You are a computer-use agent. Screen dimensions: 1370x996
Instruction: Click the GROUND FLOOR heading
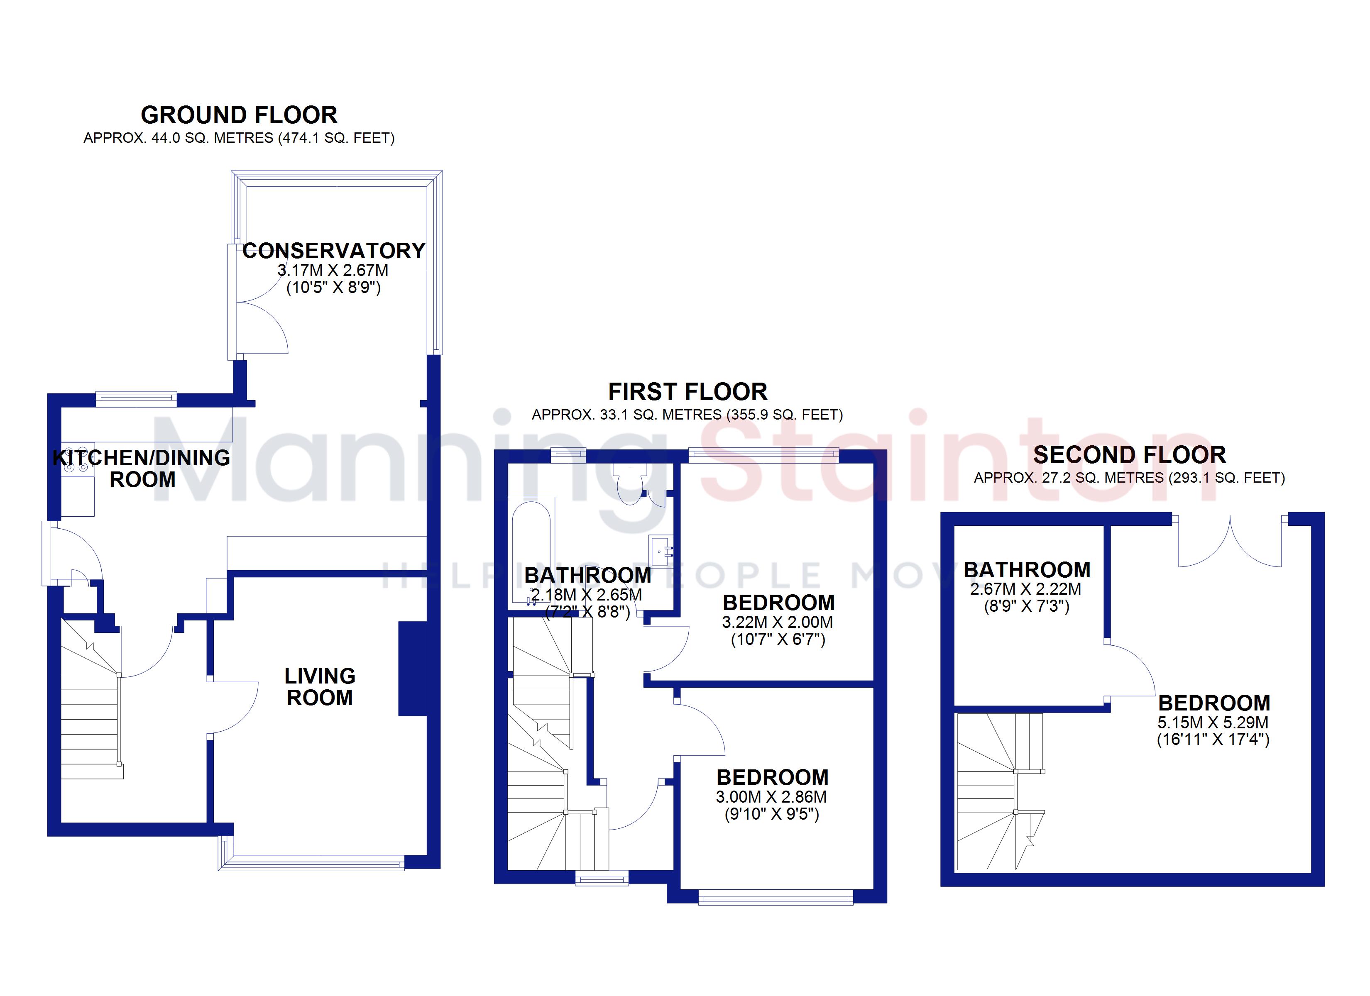click(239, 115)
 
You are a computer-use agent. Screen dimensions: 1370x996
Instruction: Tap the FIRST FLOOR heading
click(687, 392)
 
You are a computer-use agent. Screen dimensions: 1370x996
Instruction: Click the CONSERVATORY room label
click(334, 251)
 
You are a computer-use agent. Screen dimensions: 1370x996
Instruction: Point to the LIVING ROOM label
click(320, 687)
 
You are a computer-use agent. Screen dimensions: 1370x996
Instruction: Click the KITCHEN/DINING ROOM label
click(142, 469)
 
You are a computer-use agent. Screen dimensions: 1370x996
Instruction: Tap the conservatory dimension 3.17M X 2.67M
click(333, 270)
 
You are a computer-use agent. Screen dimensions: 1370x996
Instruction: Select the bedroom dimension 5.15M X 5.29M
click(1213, 723)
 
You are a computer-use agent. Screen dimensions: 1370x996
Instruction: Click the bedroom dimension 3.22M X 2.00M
click(778, 622)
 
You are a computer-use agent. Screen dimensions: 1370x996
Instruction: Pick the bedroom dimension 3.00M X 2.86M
click(771, 797)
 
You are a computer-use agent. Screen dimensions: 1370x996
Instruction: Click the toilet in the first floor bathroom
click(629, 483)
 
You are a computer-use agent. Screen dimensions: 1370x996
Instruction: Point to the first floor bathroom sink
click(661, 551)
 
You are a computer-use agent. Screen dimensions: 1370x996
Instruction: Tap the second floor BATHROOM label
click(1027, 569)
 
